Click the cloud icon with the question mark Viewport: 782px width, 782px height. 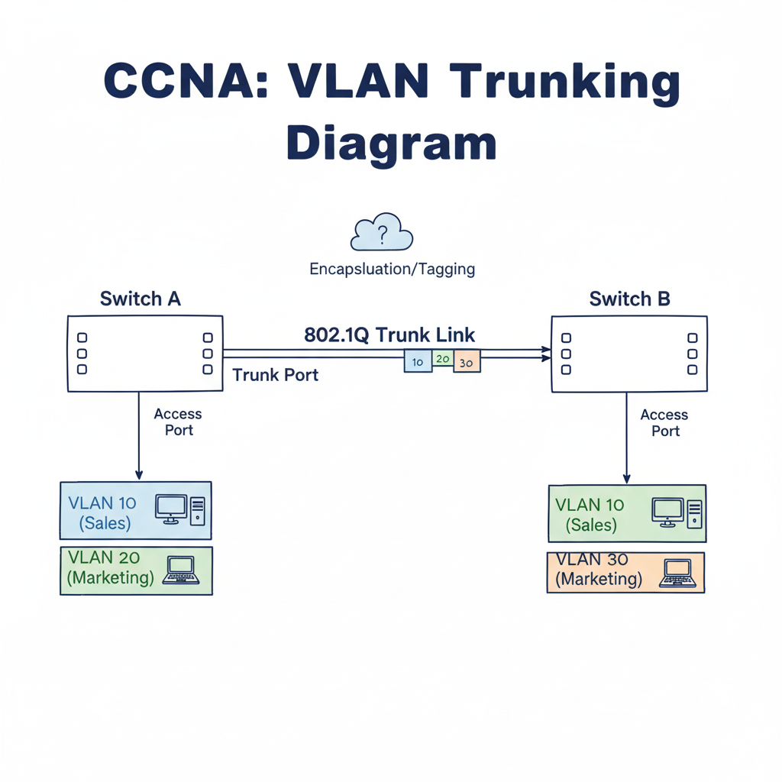(381, 232)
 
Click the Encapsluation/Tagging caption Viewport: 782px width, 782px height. (392, 269)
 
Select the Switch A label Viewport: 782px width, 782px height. (141, 298)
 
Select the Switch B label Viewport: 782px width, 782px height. (629, 299)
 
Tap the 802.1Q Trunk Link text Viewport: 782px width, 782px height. (389, 334)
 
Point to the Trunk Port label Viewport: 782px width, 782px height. (275, 375)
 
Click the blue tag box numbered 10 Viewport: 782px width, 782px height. (417, 360)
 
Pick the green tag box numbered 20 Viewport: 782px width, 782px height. (443, 358)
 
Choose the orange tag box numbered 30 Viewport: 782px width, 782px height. (467, 360)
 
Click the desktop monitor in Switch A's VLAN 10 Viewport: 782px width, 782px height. (170, 508)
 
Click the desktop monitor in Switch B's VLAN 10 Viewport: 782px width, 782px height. (667, 512)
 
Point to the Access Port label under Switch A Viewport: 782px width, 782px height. (178, 422)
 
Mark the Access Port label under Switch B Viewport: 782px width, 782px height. (664, 422)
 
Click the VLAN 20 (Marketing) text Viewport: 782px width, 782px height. (111, 567)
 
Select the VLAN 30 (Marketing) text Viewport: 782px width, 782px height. (599, 569)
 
